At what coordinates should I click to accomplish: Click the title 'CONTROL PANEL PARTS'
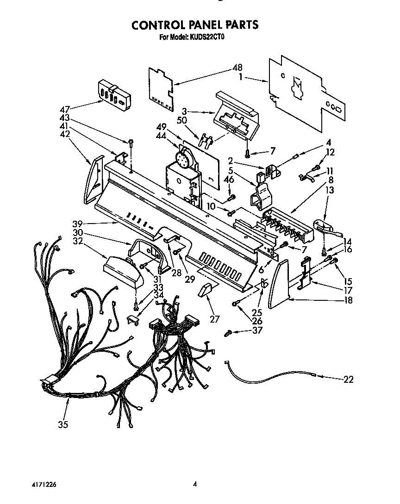pos(195,25)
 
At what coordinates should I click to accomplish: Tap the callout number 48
pos(237,67)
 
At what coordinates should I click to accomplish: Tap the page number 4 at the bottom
pos(195,484)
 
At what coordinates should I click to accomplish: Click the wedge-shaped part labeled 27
pos(205,291)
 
